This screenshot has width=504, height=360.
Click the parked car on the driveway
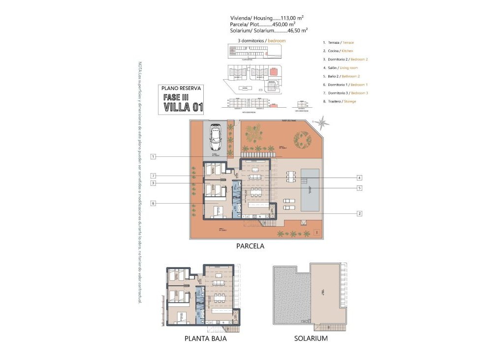pos(216,137)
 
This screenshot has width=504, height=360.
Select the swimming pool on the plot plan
pos(310,190)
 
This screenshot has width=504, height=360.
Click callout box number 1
pos(154,157)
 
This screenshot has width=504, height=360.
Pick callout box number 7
pos(154,176)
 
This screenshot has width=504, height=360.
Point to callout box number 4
pos(360,178)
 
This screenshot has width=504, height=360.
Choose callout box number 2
pos(360,213)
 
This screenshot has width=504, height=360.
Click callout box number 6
pos(154,203)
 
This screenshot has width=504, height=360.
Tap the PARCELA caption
pos(250,246)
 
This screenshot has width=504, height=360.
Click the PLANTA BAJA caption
pos(205,338)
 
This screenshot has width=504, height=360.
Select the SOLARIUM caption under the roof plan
pos(311,338)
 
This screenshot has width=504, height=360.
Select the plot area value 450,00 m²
pos(283,24)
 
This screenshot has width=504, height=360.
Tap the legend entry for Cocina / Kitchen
pos(338,51)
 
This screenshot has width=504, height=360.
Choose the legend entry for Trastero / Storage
pos(340,101)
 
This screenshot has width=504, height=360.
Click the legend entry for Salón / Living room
pos(340,67)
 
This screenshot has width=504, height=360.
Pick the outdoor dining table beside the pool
pos(291,176)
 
